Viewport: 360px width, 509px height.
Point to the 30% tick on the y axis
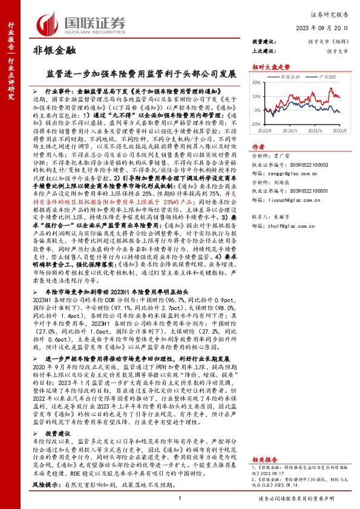pos(257,82)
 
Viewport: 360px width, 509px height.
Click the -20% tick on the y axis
pos(257,123)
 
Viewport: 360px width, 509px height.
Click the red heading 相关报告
pos(264,443)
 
